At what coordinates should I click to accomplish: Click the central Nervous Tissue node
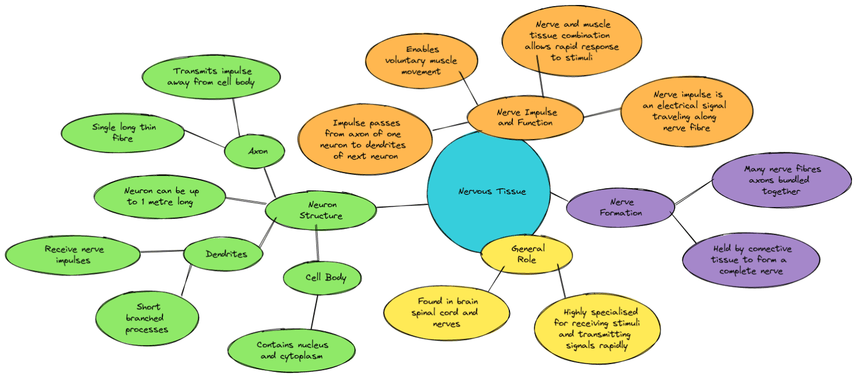pyautogui.click(x=491, y=192)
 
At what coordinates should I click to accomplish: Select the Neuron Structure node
pyautogui.click(x=321, y=210)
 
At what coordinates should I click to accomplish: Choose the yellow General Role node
pyautogui.click(x=527, y=254)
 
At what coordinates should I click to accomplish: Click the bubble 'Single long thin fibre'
pyautogui.click(x=123, y=133)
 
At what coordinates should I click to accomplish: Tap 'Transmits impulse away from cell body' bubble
pyautogui.click(x=211, y=77)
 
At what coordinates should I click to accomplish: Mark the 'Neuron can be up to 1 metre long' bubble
pyautogui.click(x=160, y=197)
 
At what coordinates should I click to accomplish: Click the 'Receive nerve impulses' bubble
pyautogui.click(x=73, y=255)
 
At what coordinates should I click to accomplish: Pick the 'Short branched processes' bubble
pyautogui.click(x=147, y=318)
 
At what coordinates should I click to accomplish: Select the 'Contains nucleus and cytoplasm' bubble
pyautogui.click(x=291, y=350)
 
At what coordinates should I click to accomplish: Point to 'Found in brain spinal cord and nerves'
pyautogui.click(x=446, y=313)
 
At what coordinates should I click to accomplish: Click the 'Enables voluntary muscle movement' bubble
pyautogui.click(x=422, y=60)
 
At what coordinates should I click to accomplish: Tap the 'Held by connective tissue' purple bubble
pyautogui.click(x=751, y=260)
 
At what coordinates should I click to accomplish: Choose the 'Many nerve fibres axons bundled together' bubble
pyautogui.click(x=782, y=180)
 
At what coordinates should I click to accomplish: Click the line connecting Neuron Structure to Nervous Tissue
pyautogui.click(x=402, y=207)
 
